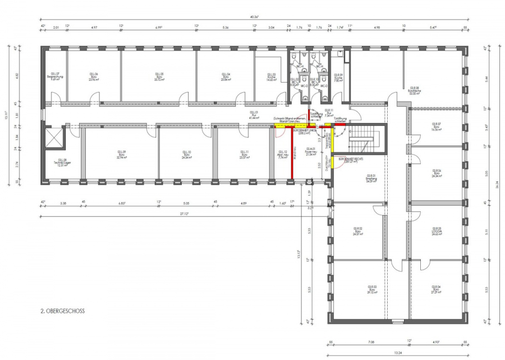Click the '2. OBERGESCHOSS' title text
coord(62,310)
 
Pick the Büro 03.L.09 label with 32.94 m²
coord(121,155)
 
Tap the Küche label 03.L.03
coord(271,77)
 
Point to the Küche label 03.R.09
coord(338,77)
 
